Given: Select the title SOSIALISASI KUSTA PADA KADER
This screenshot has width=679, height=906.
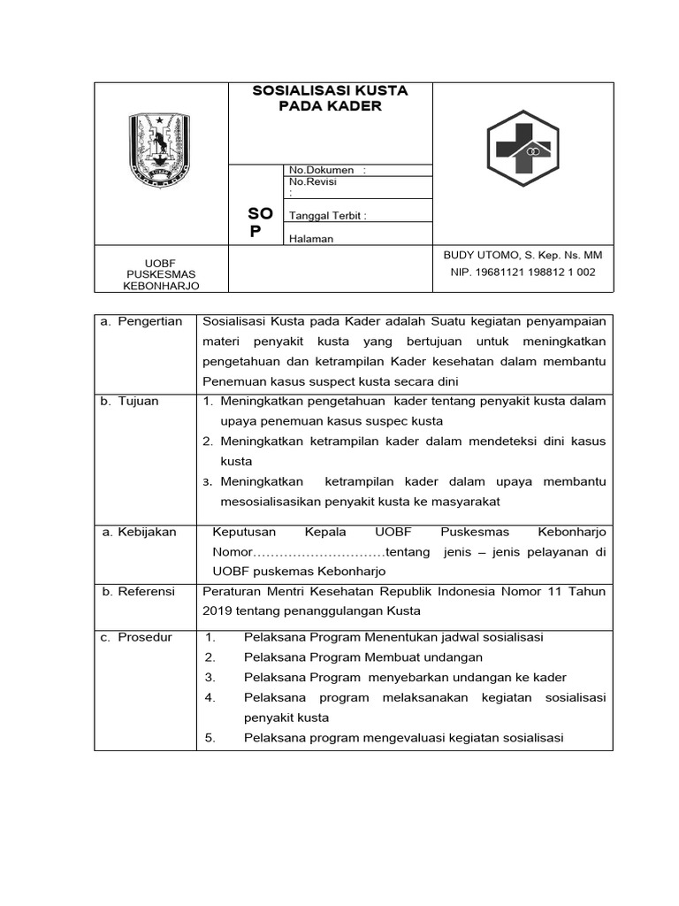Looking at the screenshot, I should (x=330, y=98).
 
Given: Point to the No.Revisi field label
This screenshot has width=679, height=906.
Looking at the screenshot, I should (x=313, y=181).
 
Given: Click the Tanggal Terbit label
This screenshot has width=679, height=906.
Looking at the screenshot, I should (x=327, y=215).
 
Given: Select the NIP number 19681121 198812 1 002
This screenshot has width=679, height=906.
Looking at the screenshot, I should (x=523, y=273).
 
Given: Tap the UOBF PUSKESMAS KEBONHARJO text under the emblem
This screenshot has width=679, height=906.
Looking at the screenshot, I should (x=161, y=274).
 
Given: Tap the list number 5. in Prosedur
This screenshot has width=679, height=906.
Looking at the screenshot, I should (x=210, y=738).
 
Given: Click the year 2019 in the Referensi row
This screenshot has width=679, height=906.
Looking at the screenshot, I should (x=216, y=610).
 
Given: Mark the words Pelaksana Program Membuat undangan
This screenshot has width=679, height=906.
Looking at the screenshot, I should (x=363, y=657).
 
